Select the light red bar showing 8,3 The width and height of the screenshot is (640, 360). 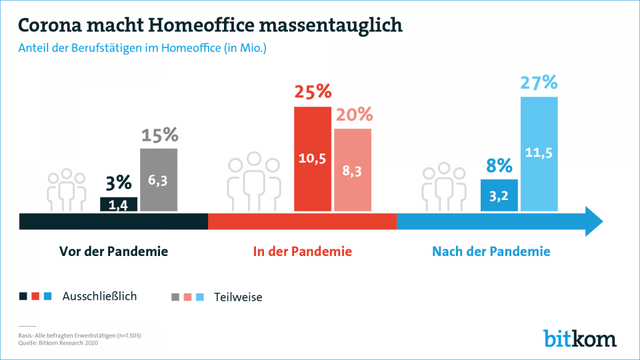point(353,170)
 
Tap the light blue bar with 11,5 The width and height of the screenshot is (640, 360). point(539,154)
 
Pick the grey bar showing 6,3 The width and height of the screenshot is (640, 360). point(159,180)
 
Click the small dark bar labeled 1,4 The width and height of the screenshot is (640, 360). point(119,205)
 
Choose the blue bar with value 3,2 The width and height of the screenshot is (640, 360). point(499,195)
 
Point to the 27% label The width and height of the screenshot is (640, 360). point(539,83)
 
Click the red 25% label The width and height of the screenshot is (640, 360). point(313,92)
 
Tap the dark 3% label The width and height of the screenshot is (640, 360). point(119,183)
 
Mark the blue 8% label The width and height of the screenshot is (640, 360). point(499,165)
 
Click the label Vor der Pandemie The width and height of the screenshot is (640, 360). point(114,252)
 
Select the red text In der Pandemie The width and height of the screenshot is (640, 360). point(302,252)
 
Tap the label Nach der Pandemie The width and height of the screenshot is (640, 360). point(491,252)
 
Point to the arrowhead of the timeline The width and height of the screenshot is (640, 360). point(593,221)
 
